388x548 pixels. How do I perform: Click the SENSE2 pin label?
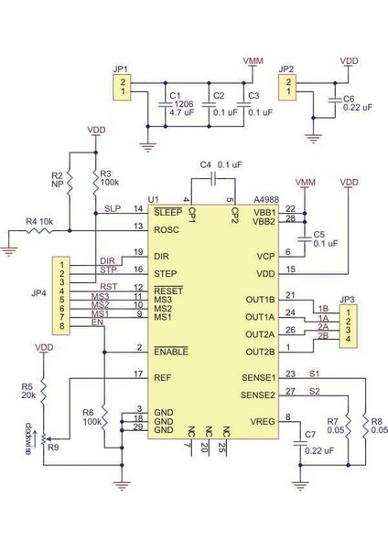tap(256, 395)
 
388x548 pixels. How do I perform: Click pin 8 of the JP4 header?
tap(61, 326)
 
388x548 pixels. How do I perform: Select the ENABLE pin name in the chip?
tap(170, 351)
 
